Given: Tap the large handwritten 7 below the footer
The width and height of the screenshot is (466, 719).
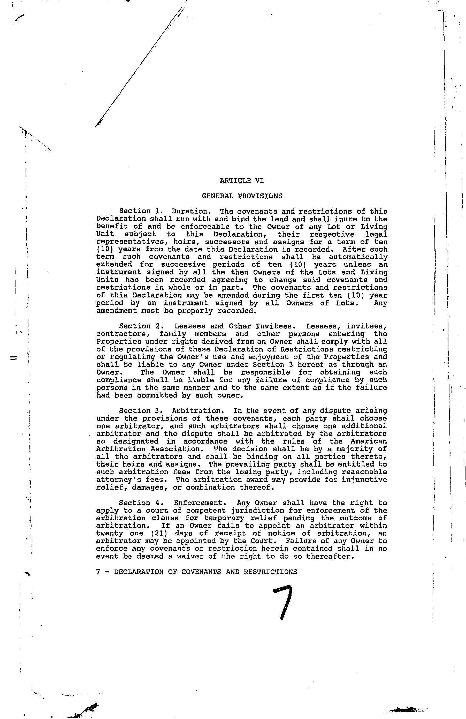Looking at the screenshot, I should [x=284, y=602].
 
